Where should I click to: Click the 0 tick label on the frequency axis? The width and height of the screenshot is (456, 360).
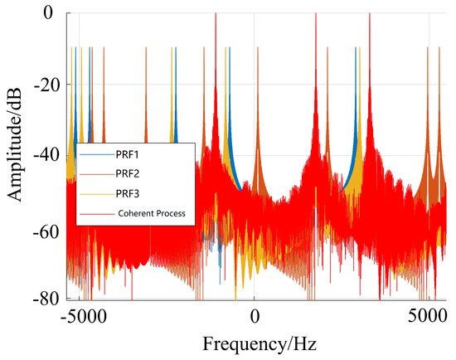point(255,316)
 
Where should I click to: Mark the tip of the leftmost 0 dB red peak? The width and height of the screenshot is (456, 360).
point(215,14)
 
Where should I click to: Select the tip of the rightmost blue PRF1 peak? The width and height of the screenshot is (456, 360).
point(356,48)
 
